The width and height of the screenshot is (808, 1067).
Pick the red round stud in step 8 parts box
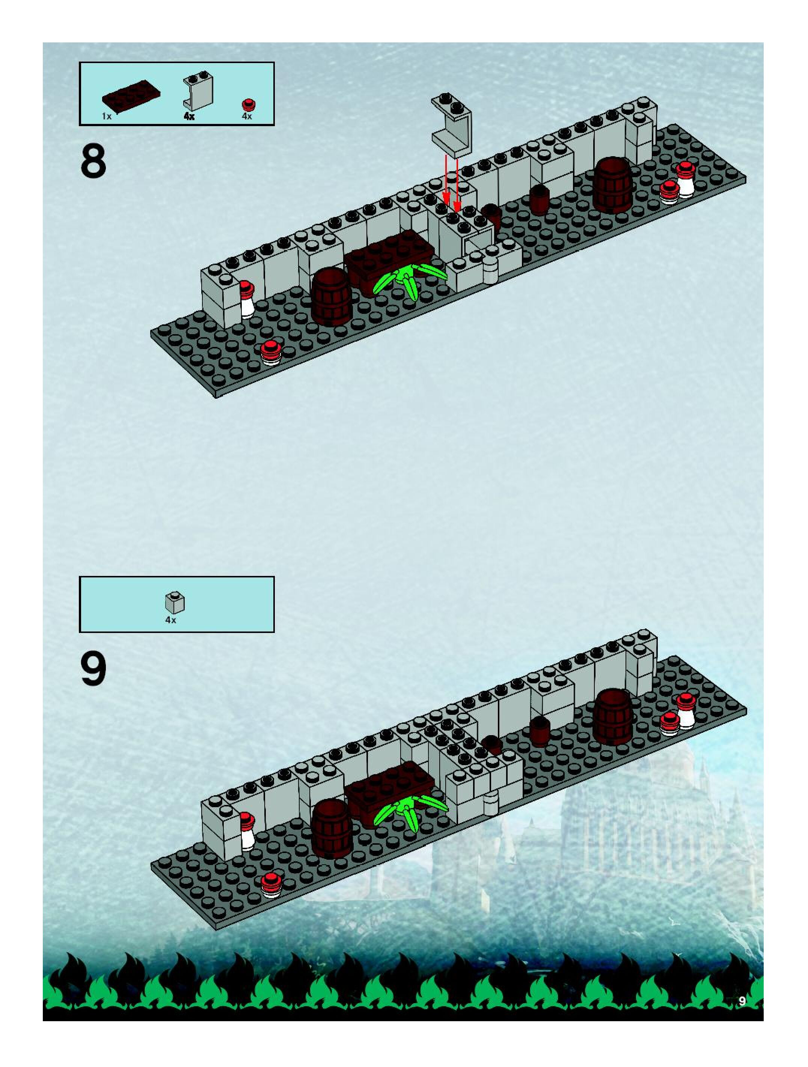point(249,104)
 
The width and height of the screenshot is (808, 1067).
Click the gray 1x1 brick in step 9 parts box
point(175,603)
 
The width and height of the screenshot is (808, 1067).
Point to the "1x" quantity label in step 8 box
point(107,116)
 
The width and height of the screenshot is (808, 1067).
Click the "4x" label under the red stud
point(247,116)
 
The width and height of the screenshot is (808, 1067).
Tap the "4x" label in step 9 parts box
point(171,620)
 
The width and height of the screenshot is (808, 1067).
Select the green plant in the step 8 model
point(410,280)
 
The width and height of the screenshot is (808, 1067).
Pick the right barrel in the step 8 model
point(613,186)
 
